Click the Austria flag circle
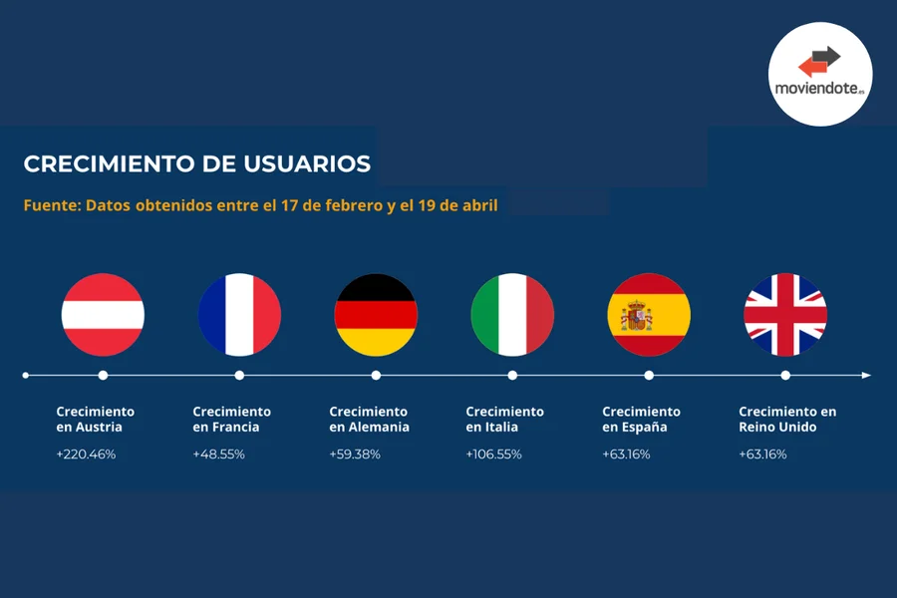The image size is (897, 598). coord(103,315)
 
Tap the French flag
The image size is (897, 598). coord(239,315)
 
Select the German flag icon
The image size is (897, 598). coord(376,315)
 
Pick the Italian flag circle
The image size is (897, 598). coord(512,315)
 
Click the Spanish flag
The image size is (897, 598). coord(649,315)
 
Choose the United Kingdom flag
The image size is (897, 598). coord(785,315)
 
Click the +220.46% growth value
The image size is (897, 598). coord(86,454)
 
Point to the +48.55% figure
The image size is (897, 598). coord(218,454)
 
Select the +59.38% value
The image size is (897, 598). coord(355,454)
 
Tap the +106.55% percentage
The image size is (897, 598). coord(494,454)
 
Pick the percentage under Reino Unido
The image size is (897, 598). coord(762,454)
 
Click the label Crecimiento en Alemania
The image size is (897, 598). coord(369,419)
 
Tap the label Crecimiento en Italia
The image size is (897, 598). coord(504,419)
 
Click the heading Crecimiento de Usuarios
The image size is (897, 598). coord(197,164)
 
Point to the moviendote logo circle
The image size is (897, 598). coord(820,74)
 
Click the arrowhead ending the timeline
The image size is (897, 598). coord(866,376)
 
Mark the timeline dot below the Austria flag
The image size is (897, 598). coord(103,376)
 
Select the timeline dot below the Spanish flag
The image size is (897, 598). coord(649,376)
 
